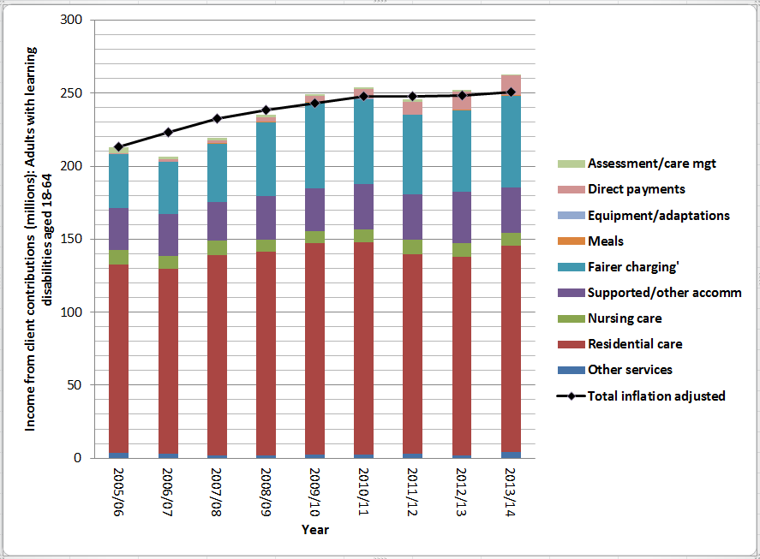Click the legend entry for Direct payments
[637, 189]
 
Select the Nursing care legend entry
[624, 318]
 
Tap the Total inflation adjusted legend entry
[656, 395]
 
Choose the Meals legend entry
[606, 241]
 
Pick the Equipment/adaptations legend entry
[658, 215]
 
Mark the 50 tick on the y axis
[82, 385]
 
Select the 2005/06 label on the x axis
[118, 489]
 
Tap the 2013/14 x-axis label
[512, 489]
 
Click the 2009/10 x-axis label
[314, 489]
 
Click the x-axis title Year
[314, 529]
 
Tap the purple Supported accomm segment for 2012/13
[463, 217]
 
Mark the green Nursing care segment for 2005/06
[118, 257]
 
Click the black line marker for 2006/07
[168, 132]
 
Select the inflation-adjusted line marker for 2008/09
[266, 110]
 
